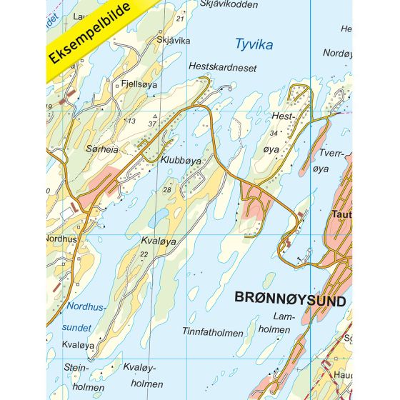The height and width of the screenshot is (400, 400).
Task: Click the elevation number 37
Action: (x=152, y=124)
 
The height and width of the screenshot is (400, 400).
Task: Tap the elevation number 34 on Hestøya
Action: (x=274, y=134)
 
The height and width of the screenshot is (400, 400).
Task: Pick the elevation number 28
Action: (x=166, y=189)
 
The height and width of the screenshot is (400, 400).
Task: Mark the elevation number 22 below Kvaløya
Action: (x=145, y=254)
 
